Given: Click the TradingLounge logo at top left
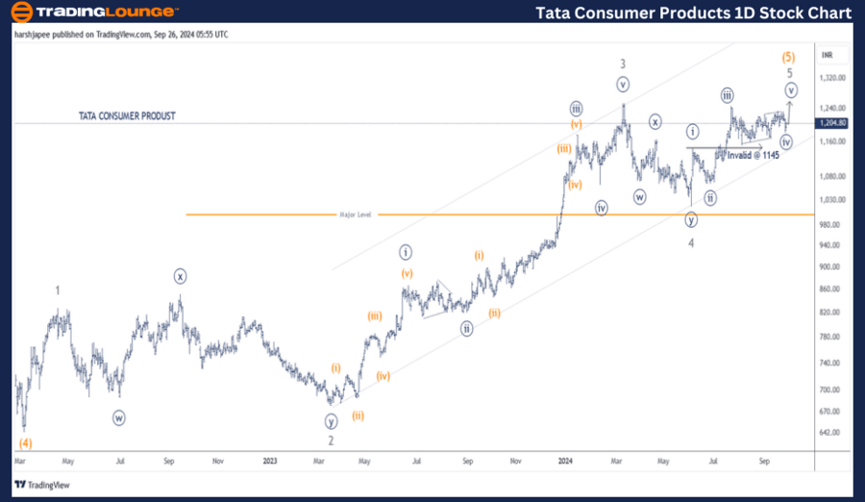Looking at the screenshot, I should point(94,13).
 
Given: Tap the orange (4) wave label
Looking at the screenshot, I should point(26,443).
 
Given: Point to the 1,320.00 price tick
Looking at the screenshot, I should point(832,79).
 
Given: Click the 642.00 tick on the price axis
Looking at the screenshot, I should point(830,432).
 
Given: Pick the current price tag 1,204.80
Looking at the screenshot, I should point(832,123).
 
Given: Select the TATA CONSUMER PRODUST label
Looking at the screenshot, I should point(127,116).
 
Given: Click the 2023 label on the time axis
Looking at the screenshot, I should point(270,461).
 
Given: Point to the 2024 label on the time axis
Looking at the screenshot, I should point(566,461).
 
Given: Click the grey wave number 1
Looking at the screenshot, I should point(58,289).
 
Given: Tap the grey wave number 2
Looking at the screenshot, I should point(331,440).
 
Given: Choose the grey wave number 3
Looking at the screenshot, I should point(623,63).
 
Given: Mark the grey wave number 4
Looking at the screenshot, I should point(691,242).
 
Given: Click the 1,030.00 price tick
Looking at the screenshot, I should point(832,200).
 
